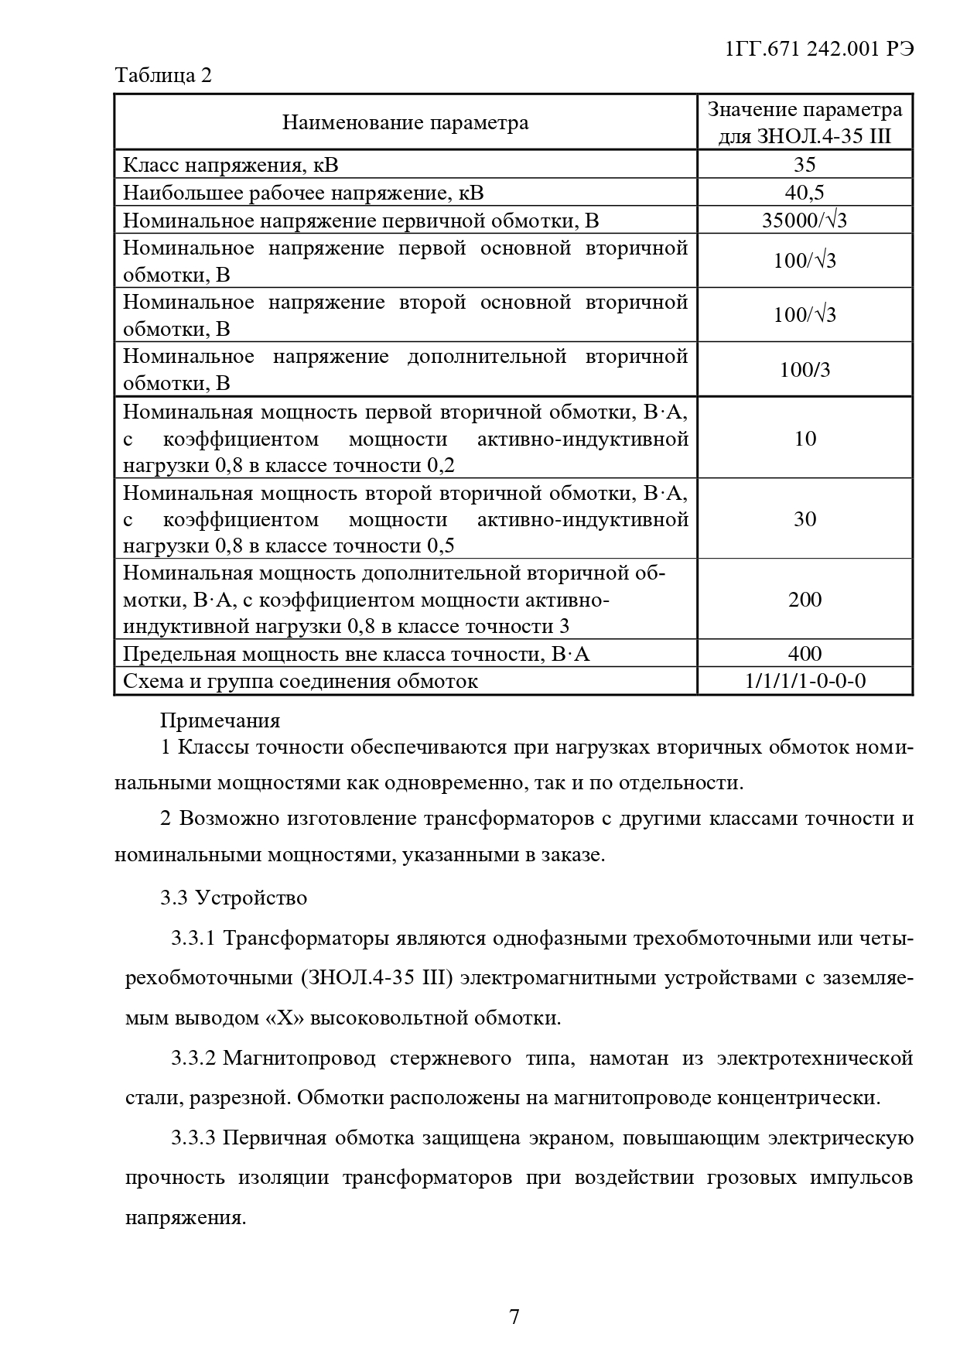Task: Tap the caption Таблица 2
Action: pyautogui.click(x=163, y=76)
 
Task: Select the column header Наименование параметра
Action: pyautogui.click(x=405, y=122)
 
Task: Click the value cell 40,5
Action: pyautogui.click(x=805, y=193)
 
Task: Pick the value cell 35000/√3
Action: pyautogui.click(x=805, y=221)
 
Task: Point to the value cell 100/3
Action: pyautogui.click(x=805, y=369)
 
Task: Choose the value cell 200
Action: pyautogui.click(x=805, y=599)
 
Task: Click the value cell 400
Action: pyautogui.click(x=805, y=654)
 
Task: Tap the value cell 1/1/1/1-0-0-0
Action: pyautogui.click(x=805, y=681)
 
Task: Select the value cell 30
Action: pyautogui.click(x=805, y=518)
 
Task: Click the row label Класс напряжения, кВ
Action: pyautogui.click(x=231, y=165)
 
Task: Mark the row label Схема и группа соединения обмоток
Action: pyautogui.click(x=300, y=681)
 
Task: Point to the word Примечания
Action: pyautogui.click(x=220, y=720)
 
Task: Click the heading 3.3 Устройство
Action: pyautogui.click(x=234, y=898)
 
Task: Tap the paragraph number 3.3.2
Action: pyautogui.click(x=193, y=1058)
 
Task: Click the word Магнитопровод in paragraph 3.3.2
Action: pyautogui.click(x=299, y=1058)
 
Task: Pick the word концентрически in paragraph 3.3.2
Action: pyautogui.click(x=799, y=1097)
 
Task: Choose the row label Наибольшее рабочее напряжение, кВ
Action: pyautogui.click(x=303, y=193)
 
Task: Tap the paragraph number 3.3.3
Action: pyautogui.click(x=193, y=1138)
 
